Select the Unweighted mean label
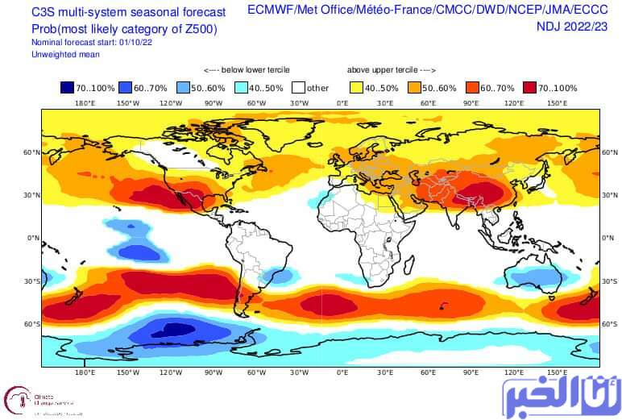(65, 54)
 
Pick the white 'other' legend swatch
(299, 87)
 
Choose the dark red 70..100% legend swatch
(530, 87)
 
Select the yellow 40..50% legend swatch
(357, 87)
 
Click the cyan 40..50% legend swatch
(241, 87)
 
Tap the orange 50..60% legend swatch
(414, 87)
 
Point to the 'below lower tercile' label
(247, 70)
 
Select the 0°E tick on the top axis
(342, 103)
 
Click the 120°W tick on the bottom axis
(171, 372)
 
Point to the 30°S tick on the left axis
(32, 281)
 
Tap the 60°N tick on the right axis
(610, 152)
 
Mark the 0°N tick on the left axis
(33, 238)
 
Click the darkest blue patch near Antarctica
(172, 330)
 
